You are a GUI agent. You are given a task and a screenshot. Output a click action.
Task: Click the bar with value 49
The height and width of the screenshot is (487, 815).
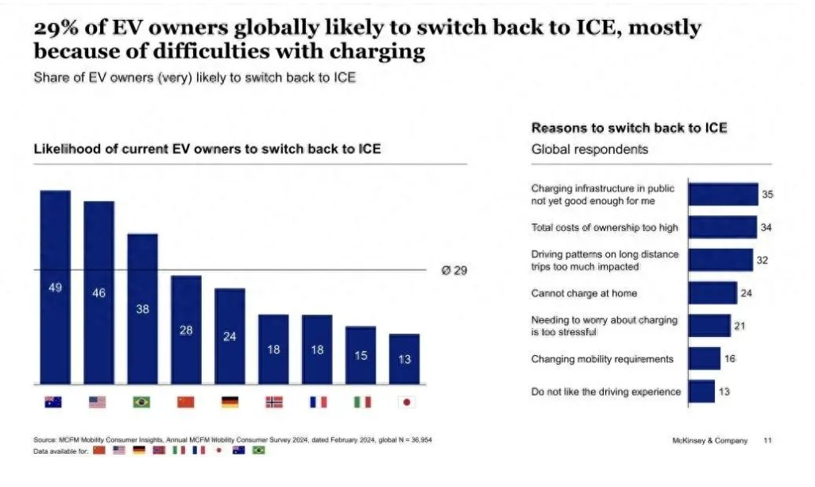pos(55,288)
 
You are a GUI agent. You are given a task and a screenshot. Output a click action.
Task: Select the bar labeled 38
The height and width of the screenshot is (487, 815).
pos(142,309)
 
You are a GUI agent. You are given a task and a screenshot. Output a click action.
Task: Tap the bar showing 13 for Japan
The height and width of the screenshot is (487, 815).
pos(404,359)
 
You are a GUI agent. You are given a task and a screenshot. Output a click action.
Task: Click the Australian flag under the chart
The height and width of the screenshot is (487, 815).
pos(53,402)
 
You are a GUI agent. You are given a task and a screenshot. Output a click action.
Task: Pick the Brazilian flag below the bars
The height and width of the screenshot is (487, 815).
pos(141,402)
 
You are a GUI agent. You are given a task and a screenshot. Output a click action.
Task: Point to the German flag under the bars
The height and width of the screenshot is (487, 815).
pos(230,402)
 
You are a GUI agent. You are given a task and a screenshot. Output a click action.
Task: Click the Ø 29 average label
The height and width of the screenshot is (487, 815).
pos(454,271)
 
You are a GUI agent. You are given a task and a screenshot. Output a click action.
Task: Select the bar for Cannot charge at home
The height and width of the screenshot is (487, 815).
pos(713,293)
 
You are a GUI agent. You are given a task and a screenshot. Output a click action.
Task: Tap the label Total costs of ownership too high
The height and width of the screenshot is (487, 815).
pos(604,228)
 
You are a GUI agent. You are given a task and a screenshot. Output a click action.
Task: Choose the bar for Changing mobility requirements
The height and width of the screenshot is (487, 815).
pos(705,359)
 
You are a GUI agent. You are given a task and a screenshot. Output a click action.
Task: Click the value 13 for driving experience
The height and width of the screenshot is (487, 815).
pos(724,392)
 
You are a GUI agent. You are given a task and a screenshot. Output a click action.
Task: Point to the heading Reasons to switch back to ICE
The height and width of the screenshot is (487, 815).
pos(629,128)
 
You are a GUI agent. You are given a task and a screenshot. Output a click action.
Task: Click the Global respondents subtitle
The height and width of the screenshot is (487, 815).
pos(589,149)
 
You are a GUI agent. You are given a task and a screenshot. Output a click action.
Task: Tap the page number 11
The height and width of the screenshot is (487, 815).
pos(767,440)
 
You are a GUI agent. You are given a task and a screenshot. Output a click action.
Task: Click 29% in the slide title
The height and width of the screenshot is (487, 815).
pos(55,28)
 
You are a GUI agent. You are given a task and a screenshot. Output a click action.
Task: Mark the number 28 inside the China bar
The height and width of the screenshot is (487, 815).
pos(186,330)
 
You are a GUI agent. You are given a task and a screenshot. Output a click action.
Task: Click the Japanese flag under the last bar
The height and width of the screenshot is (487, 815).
pos(406,402)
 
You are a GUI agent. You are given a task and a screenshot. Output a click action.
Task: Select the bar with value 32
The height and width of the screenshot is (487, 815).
pos(720,260)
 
